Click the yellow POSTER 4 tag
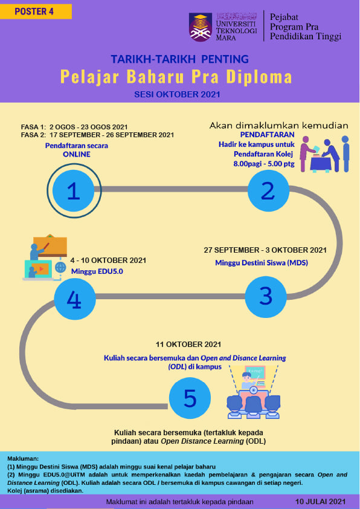[x=36, y=11]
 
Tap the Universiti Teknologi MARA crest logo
[x=201, y=27]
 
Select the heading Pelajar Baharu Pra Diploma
[x=176, y=77]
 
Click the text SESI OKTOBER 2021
[x=177, y=95]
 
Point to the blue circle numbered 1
[x=74, y=191]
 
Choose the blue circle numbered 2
[x=268, y=190]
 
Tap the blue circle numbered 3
[x=266, y=296]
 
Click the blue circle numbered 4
[x=74, y=299]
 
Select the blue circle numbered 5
[x=190, y=398]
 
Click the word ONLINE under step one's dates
[x=77, y=154]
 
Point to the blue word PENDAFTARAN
[x=267, y=135]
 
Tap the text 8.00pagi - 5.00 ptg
[x=264, y=164]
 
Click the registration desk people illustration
[x=324, y=154]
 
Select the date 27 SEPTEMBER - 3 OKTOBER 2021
[x=265, y=250]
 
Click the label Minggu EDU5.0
[x=97, y=271]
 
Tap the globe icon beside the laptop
[x=60, y=267]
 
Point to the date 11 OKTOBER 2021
[x=188, y=345]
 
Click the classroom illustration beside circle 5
[x=253, y=391]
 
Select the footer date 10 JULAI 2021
[x=320, y=502]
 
